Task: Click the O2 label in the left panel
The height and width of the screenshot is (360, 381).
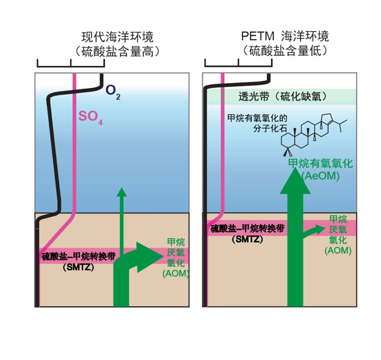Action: coord(113,91)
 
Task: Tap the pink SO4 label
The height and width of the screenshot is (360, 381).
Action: coord(90,117)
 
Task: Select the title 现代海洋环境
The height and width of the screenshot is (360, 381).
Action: coord(117,37)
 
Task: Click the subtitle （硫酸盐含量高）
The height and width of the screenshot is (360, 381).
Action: coord(117,51)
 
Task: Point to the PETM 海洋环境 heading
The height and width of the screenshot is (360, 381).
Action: coord(285,36)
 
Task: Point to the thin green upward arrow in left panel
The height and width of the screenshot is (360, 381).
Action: coord(122,220)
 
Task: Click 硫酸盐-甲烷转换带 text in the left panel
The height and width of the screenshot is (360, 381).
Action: coord(78,257)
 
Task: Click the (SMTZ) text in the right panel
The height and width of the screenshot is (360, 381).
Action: coord(247,240)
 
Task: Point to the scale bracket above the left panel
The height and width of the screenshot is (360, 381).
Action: coord(71,63)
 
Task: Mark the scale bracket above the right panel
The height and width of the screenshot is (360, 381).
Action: coord(238,63)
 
